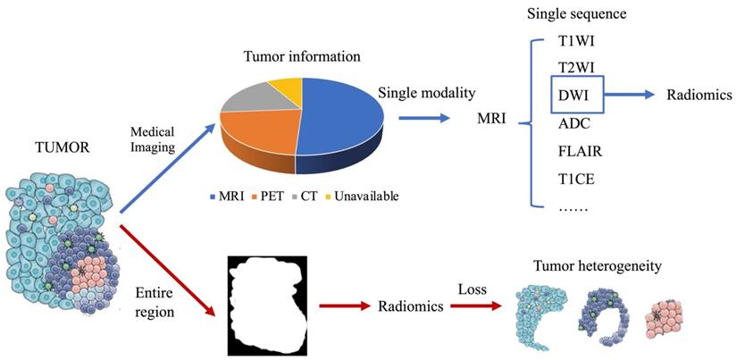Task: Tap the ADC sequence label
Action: pyautogui.click(x=574, y=123)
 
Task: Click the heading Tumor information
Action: pyautogui.click(x=301, y=56)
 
